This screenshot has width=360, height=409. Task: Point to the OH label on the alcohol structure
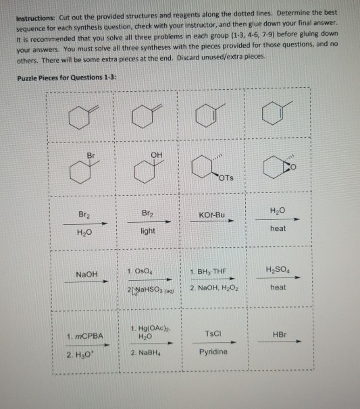(x=157, y=155)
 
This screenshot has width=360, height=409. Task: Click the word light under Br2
(x=148, y=231)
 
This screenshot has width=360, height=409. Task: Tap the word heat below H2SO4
(x=278, y=288)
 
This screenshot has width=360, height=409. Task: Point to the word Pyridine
(x=214, y=352)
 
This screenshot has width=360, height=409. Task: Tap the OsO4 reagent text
(x=147, y=271)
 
